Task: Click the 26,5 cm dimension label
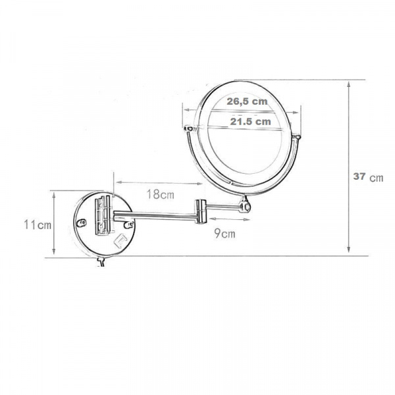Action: (x=247, y=101)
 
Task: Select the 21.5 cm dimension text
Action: (x=250, y=122)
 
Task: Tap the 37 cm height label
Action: (x=368, y=177)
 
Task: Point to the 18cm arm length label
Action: (x=161, y=194)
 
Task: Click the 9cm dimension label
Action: (x=225, y=234)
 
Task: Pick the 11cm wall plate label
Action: (x=38, y=224)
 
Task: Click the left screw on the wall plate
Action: (x=82, y=223)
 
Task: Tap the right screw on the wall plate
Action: (x=129, y=224)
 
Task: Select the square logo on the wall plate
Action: (x=120, y=240)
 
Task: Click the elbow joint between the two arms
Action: (x=201, y=211)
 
